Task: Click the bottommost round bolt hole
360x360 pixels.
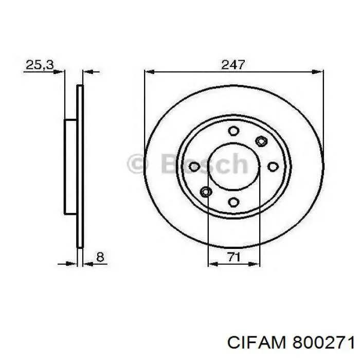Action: point(233,201)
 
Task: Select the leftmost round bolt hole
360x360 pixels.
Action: point(194,166)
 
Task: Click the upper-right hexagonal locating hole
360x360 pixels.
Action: point(261,140)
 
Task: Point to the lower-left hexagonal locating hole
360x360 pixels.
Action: point(206,192)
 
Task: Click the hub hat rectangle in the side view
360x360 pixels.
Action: point(70,166)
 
